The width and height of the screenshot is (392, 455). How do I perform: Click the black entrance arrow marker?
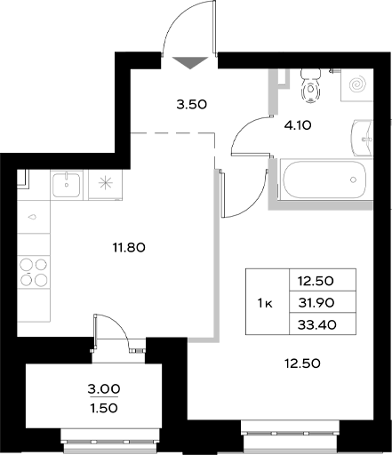tap(190, 62)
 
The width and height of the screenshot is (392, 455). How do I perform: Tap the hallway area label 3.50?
tap(191, 104)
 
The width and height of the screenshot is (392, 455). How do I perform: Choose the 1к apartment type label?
tap(264, 303)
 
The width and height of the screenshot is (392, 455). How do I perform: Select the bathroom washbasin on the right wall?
tap(364, 136)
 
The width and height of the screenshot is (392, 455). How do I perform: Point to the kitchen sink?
tap(68, 186)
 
